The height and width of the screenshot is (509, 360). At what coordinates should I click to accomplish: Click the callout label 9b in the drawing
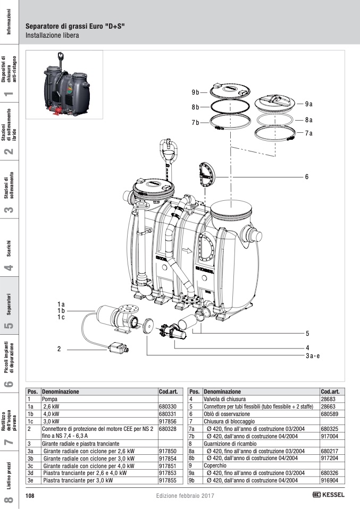pyautogui.click(x=196, y=92)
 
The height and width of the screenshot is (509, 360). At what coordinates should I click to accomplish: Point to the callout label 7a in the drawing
pyautogui.click(x=309, y=133)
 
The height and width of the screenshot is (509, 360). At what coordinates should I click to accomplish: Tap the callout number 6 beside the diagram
pyautogui.click(x=307, y=176)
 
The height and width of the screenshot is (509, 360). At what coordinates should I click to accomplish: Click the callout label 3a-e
pyautogui.click(x=312, y=356)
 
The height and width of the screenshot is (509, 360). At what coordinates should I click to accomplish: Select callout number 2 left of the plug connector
pyautogui.click(x=60, y=349)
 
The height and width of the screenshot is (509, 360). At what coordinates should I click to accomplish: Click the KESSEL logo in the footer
pyautogui.click(x=329, y=495)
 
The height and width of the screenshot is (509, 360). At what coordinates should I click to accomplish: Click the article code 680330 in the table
pyautogui.click(x=168, y=405)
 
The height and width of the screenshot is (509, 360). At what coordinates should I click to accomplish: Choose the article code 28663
pyautogui.click(x=328, y=405)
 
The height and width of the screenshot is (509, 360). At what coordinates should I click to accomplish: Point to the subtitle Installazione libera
pyautogui.click(x=52, y=36)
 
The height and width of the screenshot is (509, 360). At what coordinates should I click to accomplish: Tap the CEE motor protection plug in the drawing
pyautogui.click(x=116, y=348)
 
